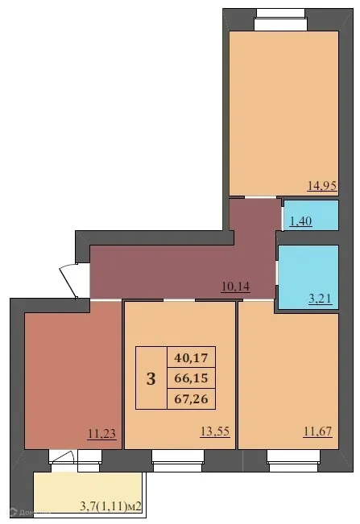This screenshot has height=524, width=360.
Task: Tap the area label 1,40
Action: (x=300, y=221)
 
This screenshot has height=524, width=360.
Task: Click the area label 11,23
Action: (x=101, y=431)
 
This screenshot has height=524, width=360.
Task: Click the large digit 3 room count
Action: (x=151, y=378)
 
